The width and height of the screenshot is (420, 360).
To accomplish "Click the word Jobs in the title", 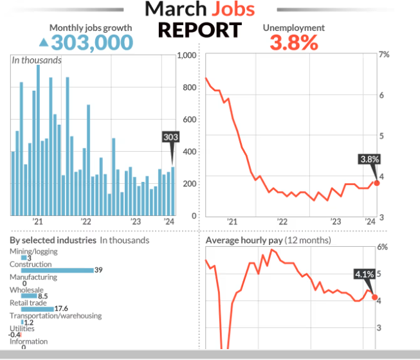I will click(x=224, y=9).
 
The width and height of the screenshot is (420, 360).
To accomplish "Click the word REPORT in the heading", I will click(x=200, y=30).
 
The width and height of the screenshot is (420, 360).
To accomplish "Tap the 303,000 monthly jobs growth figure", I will click(x=92, y=42).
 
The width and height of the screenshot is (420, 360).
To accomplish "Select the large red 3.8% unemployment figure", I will click(x=293, y=43).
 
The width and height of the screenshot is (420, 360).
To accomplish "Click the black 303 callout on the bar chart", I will click(x=171, y=138).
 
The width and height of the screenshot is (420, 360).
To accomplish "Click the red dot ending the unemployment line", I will click(x=377, y=183).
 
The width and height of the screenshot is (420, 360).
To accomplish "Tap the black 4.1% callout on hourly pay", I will click(x=364, y=274).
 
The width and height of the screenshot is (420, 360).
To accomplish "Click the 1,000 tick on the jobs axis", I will click(x=186, y=55).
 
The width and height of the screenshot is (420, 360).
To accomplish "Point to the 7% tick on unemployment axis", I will click(x=383, y=55).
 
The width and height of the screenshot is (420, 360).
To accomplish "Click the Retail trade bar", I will click(x=37, y=309).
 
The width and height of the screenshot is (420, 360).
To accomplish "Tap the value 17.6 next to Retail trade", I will click(x=61, y=309).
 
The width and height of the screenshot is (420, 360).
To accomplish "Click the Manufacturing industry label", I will click(x=33, y=277).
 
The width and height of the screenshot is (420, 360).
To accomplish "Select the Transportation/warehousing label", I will click(x=55, y=316).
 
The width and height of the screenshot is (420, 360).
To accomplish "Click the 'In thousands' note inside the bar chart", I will click(x=37, y=60).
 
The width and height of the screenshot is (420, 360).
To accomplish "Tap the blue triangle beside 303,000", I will click(x=43, y=42).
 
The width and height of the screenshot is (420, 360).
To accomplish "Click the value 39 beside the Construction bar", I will click(x=98, y=270).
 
